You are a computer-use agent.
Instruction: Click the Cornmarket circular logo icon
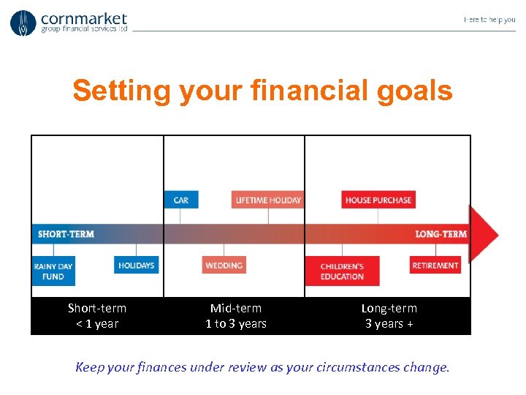(23, 23)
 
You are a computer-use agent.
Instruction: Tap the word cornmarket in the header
(84, 18)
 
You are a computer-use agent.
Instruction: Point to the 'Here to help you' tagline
(489, 20)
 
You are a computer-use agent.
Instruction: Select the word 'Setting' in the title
(121, 91)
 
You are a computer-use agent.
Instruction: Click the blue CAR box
(181, 200)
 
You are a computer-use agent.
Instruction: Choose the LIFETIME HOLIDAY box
(268, 200)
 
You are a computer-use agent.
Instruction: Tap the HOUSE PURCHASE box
(378, 200)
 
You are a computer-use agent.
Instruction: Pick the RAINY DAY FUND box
(53, 271)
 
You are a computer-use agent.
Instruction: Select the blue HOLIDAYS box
(136, 265)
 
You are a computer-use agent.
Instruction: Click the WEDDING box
(224, 265)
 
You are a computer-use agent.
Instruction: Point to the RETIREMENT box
(435, 265)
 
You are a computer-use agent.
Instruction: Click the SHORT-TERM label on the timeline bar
(66, 234)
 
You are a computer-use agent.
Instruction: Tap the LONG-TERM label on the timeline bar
(441, 234)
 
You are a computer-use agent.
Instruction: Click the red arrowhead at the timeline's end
(484, 234)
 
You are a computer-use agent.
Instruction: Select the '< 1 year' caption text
(97, 324)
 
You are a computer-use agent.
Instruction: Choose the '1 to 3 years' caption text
(236, 324)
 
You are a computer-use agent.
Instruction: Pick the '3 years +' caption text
(389, 324)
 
